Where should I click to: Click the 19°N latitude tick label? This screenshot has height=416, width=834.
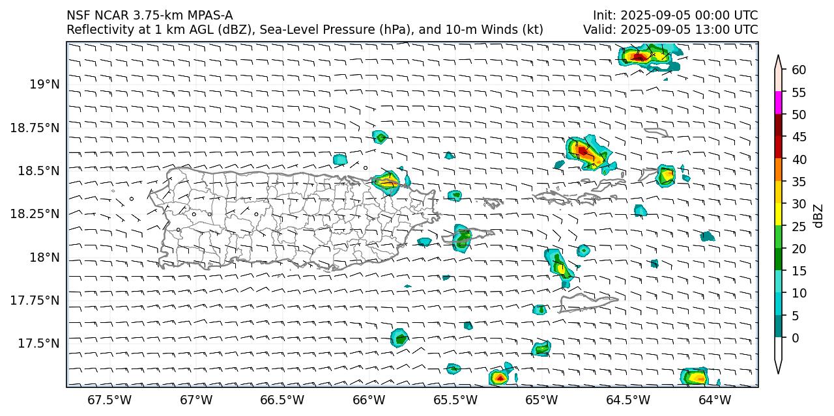[x=44, y=85]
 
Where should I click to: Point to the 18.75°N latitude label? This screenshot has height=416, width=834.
[x=35, y=128]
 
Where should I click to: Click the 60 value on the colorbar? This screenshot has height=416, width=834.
[x=799, y=70]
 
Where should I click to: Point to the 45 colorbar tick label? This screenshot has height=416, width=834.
[x=799, y=137]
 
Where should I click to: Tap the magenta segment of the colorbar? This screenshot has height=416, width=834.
[x=779, y=103]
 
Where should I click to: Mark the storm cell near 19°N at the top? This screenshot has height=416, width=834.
[x=642, y=57]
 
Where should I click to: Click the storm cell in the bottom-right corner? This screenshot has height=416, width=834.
[x=695, y=376]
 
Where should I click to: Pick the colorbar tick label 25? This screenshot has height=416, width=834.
[x=799, y=227]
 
